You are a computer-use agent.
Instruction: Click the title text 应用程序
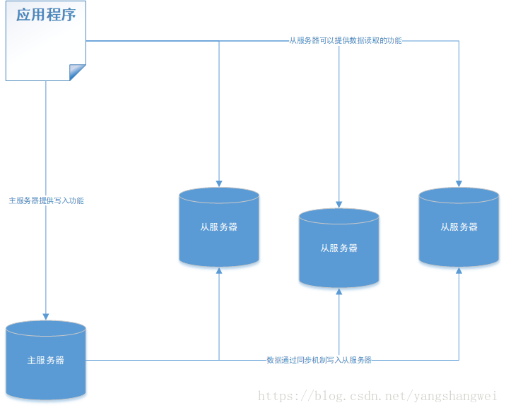click(x=46, y=15)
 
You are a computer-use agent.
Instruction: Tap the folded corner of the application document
click(x=78, y=73)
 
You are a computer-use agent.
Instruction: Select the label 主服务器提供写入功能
click(x=46, y=200)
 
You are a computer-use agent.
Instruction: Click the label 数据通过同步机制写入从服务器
click(x=319, y=360)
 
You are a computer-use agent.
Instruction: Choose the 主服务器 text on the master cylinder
click(x=46, y=360)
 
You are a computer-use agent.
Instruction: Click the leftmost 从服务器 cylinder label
click(x=219, y=227)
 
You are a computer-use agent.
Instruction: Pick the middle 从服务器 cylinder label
click(x=339, y=248)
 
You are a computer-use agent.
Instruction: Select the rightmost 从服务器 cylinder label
click(x=459, y=227)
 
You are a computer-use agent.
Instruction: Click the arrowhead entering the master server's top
click(x=46, y=316)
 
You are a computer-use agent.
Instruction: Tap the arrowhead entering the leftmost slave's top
click(x=219, y=183)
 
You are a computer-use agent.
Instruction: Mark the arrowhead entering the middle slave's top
click(x=339, y=204)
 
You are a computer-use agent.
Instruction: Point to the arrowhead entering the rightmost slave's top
click(x=459, y=183)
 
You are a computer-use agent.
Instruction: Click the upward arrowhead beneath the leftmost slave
click(x=219, y=272)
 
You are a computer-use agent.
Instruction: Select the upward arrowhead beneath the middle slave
click(x=339, y=293)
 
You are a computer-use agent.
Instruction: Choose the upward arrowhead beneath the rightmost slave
click(x=459, y=272)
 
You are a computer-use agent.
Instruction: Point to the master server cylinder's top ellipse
click(x=46, y=329)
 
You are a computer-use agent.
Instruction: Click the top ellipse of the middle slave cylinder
click(x=339, y=217)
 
